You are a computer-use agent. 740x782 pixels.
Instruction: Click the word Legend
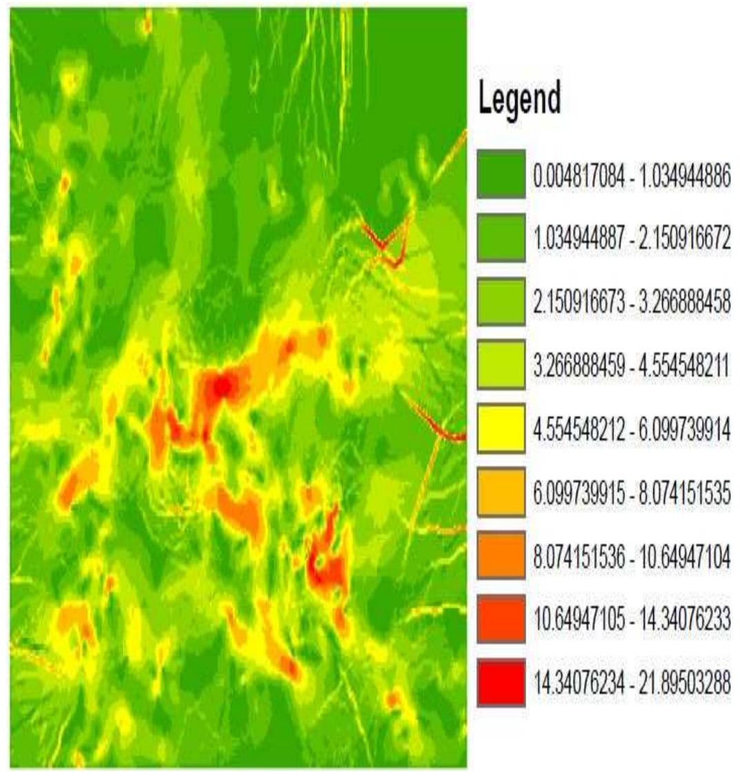pyautogui.click(x=519, y=101)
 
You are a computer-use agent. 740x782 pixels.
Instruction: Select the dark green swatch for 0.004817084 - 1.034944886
pyautogui.click(x=501, y=174)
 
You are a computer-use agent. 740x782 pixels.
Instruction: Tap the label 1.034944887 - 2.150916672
pyautogui.click(x=631, y=238)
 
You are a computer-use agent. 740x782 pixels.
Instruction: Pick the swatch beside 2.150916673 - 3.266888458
pyautogui.click(x=501, y=301)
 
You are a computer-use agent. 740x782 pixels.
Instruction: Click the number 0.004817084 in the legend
pyautogui.click(x=580, y=174)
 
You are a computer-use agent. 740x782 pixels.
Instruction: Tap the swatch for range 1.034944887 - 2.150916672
pyautogui.click(x=501, y=238)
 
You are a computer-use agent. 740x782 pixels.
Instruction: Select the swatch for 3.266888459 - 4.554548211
pyautogui.click(x=501, y=365)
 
